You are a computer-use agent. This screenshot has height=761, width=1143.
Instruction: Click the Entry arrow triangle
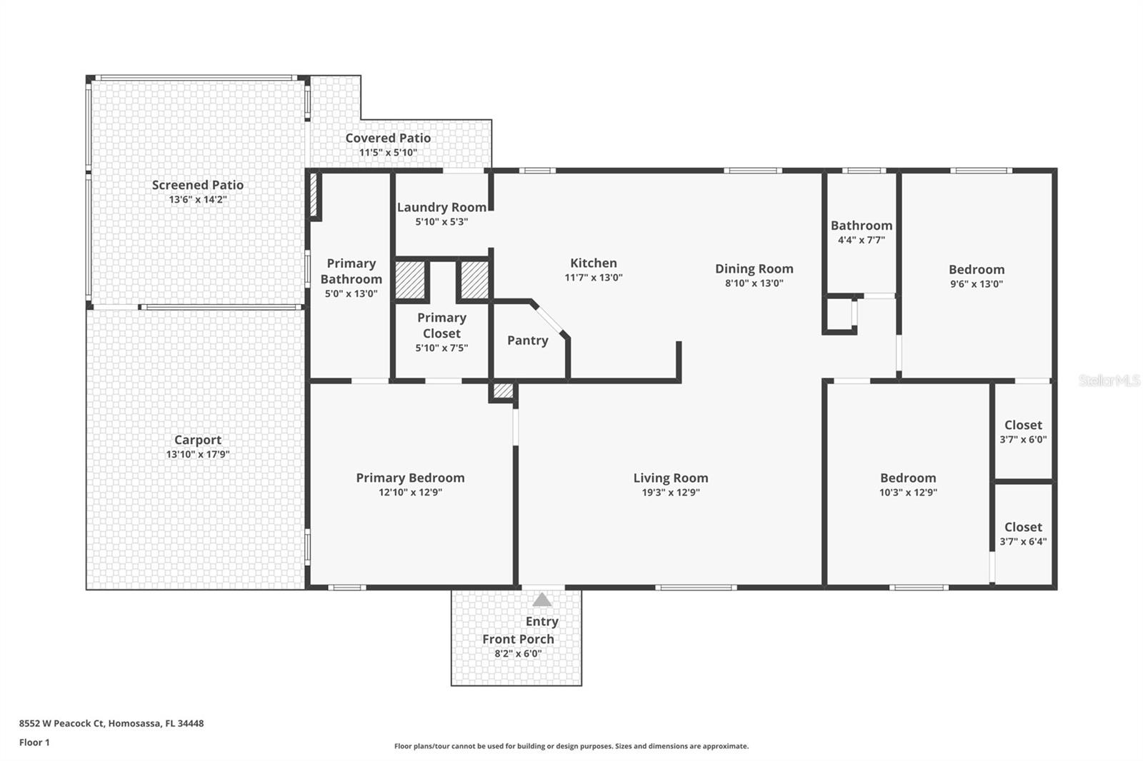542,600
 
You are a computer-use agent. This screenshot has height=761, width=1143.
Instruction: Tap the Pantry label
528,341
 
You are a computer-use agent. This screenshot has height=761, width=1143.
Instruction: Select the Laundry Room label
441,207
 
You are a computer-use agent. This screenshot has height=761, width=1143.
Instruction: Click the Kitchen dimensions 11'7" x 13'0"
594,278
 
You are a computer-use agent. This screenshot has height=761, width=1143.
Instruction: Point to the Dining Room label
754,268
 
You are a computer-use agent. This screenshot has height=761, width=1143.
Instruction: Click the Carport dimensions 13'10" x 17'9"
198,454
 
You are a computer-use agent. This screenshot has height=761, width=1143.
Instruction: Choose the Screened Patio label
198,185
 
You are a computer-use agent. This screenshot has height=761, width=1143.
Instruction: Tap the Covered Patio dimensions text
388,152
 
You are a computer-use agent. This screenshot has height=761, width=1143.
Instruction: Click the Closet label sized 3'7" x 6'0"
1023,425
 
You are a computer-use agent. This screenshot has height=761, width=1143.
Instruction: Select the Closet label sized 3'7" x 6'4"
1023,527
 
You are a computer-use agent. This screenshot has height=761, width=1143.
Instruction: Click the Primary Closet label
441,326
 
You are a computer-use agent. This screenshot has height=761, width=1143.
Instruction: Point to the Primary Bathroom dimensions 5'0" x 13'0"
351,293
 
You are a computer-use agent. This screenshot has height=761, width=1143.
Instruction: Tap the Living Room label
671,478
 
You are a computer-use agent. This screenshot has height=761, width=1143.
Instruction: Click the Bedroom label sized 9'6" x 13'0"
977,269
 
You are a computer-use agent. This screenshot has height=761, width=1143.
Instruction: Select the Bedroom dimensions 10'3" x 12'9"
908,492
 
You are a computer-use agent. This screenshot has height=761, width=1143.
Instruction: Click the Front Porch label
518,639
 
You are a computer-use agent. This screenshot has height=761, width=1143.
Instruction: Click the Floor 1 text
34,742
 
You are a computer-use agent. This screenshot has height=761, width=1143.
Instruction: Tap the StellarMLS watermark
1109,381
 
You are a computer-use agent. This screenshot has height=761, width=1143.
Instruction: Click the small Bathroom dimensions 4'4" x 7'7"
862,240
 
